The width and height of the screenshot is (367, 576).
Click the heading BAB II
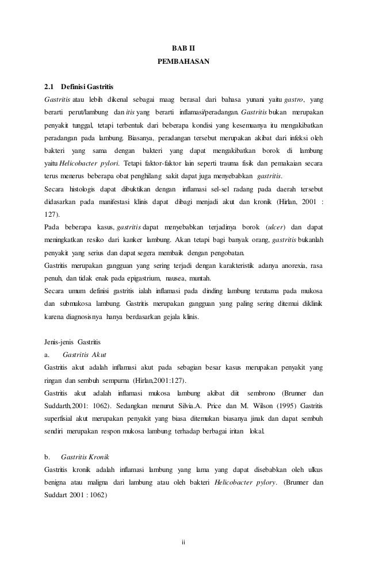[x=183, y=45]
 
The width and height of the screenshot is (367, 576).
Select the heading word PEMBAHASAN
[x=183, y=60]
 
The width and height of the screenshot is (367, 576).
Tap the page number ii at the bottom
[x=183, y=542]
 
